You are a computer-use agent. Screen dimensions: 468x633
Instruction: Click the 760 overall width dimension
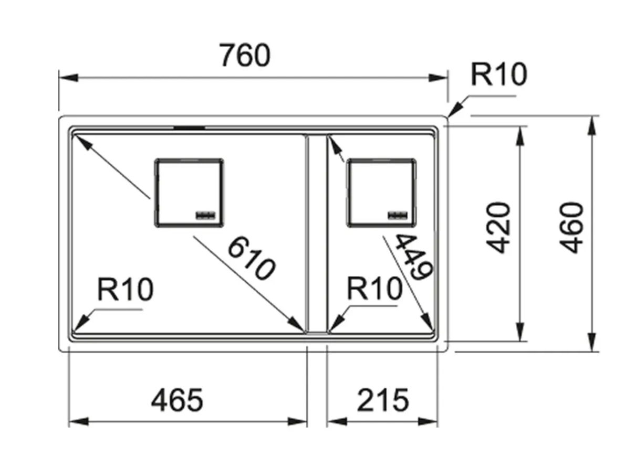[245, 55]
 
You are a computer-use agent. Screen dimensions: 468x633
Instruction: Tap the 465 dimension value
[177, 401]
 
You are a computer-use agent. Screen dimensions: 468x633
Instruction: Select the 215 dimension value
[382, 401]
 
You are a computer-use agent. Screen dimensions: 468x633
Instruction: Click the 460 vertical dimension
[570, 227]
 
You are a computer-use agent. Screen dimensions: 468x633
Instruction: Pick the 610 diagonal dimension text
[251, 258]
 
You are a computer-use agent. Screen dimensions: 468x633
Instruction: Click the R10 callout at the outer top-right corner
[497, 75]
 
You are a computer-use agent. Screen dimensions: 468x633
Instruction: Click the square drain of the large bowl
[189, 192]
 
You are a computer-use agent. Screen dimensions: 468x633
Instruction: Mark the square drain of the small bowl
[381, 193]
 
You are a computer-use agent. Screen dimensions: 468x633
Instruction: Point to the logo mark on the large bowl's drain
[205, 214]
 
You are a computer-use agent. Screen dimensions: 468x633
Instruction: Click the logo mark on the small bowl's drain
[397, 214]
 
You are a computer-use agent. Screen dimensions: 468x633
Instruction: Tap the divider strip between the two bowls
[316, 233]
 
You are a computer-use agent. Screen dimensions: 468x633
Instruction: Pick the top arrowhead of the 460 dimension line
[593, 123]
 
